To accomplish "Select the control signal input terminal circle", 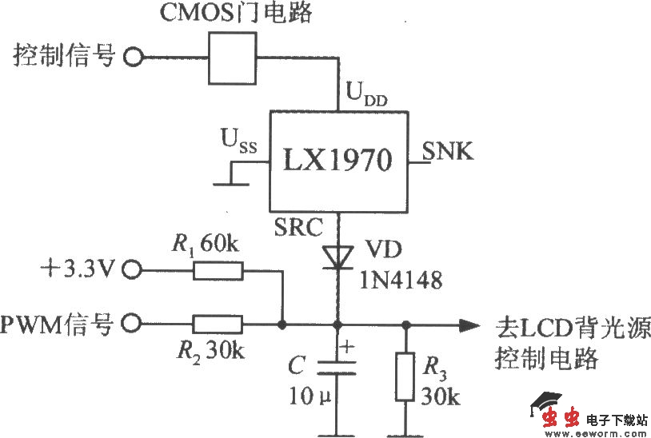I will tap(134, 56).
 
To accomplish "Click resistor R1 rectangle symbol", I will tap(217, 270).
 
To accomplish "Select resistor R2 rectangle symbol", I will tap(217, 324).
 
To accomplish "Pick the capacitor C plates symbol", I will tap(337, 366).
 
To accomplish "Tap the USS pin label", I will tap(238, 142).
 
